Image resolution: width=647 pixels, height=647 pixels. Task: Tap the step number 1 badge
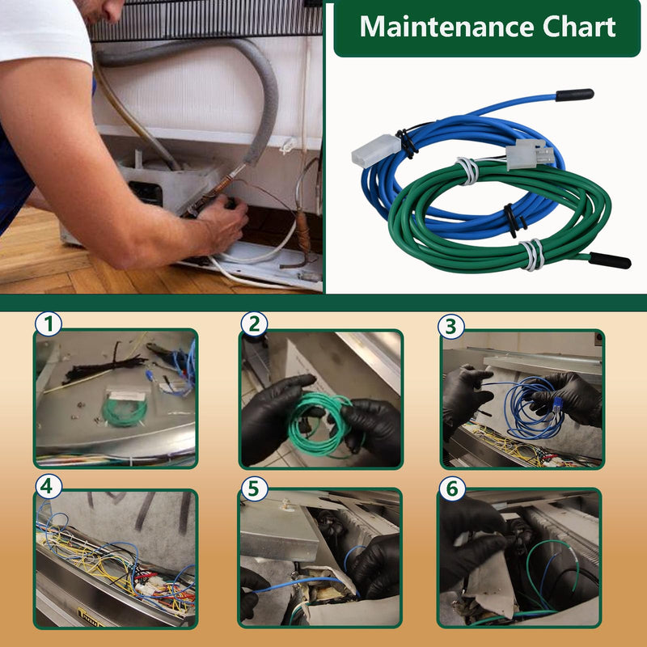[49, 324]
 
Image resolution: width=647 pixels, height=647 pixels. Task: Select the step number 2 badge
[254, 324]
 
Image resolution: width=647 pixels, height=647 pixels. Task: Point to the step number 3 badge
[451, 327]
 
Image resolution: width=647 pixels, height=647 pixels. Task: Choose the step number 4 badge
[49, 487]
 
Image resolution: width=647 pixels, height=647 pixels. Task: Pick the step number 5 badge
[254, 488]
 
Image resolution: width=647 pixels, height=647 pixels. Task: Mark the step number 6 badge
[452, 488]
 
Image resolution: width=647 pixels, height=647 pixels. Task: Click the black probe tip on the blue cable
[574, 95]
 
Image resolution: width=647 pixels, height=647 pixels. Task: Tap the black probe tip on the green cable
[610, 260]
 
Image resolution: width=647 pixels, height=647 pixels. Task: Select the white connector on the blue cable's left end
[376, 151]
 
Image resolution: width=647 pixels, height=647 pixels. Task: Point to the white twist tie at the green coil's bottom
[532, 254]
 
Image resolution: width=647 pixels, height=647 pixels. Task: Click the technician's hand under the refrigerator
[223, 224]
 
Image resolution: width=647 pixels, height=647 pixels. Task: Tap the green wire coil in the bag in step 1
[125, 410]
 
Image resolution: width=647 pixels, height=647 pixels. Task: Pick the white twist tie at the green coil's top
[467, 171]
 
